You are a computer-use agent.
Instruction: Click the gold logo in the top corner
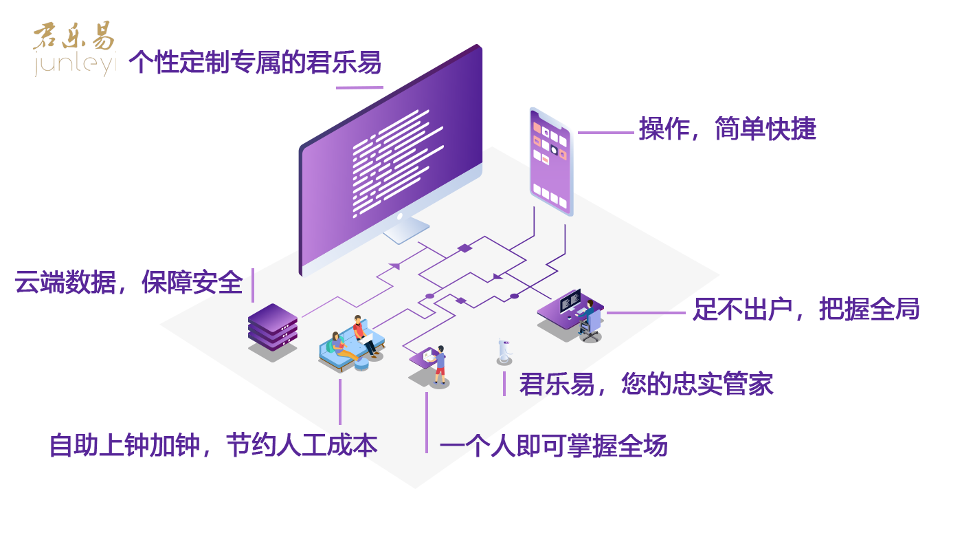tap(74, 48)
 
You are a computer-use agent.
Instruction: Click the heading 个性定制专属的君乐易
tap(255, 63)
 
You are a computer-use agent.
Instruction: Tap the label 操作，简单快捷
tap(727, 129)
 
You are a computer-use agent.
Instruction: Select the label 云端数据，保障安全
tap(128, 283)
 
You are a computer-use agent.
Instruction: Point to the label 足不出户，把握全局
tap(805, 309)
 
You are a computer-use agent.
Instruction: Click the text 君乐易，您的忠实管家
tap(646, 384)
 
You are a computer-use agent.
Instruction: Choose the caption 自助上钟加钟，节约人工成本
tap(213, 445)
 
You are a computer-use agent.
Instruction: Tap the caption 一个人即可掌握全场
tap(553, 446)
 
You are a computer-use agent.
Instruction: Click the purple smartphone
tap(550, 161)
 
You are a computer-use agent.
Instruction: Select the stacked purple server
tap(273, 329)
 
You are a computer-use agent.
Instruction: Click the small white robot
tap(505, 351)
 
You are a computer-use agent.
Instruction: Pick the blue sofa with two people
tap(350, 347)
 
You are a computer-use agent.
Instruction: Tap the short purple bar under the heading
tap(359, 87)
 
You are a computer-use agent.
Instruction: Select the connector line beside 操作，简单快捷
tap(605, 133)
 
